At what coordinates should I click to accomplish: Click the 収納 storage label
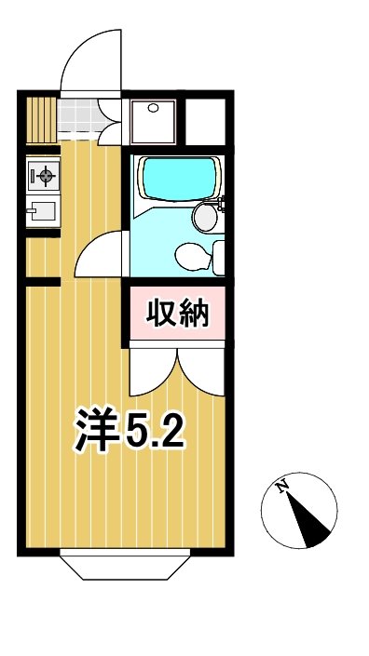coord(175,315)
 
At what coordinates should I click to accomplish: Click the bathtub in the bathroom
coord(177,179)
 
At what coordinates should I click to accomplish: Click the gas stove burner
coord(43,174)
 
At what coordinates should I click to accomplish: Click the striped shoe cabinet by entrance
coord(41,117)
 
